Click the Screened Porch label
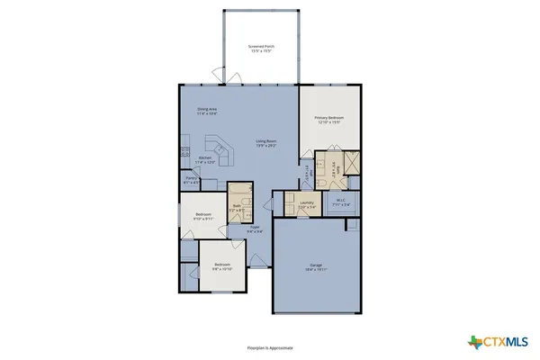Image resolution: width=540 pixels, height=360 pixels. click(261, 48)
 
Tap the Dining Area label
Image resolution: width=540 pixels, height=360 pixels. click(207, 112)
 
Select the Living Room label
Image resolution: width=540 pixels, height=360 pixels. click(265, 142)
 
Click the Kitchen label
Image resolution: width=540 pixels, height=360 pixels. click(206, 161)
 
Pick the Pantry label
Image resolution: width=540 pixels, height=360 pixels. click(192, 180)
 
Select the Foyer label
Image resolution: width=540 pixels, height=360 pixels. click(255, 229)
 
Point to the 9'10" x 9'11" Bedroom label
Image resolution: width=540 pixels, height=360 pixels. click(203, 216)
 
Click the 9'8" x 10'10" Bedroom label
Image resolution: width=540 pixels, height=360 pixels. click(222, 266)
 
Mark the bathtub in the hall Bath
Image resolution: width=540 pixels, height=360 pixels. click(238, 192)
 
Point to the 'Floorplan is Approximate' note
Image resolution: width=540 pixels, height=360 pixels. click(270, 346)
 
